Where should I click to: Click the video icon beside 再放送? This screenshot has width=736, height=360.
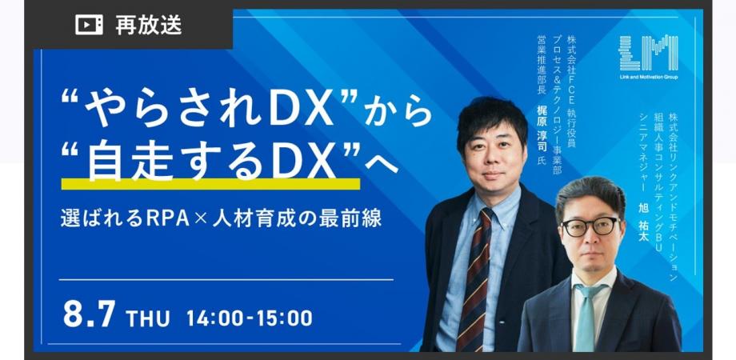point(89,26)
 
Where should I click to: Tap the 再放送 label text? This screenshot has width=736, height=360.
point(149,26)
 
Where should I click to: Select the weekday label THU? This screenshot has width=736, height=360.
point(148,318)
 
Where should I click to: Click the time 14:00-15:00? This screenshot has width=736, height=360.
point(249,318)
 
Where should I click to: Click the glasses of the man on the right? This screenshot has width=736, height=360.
point(590,226)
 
